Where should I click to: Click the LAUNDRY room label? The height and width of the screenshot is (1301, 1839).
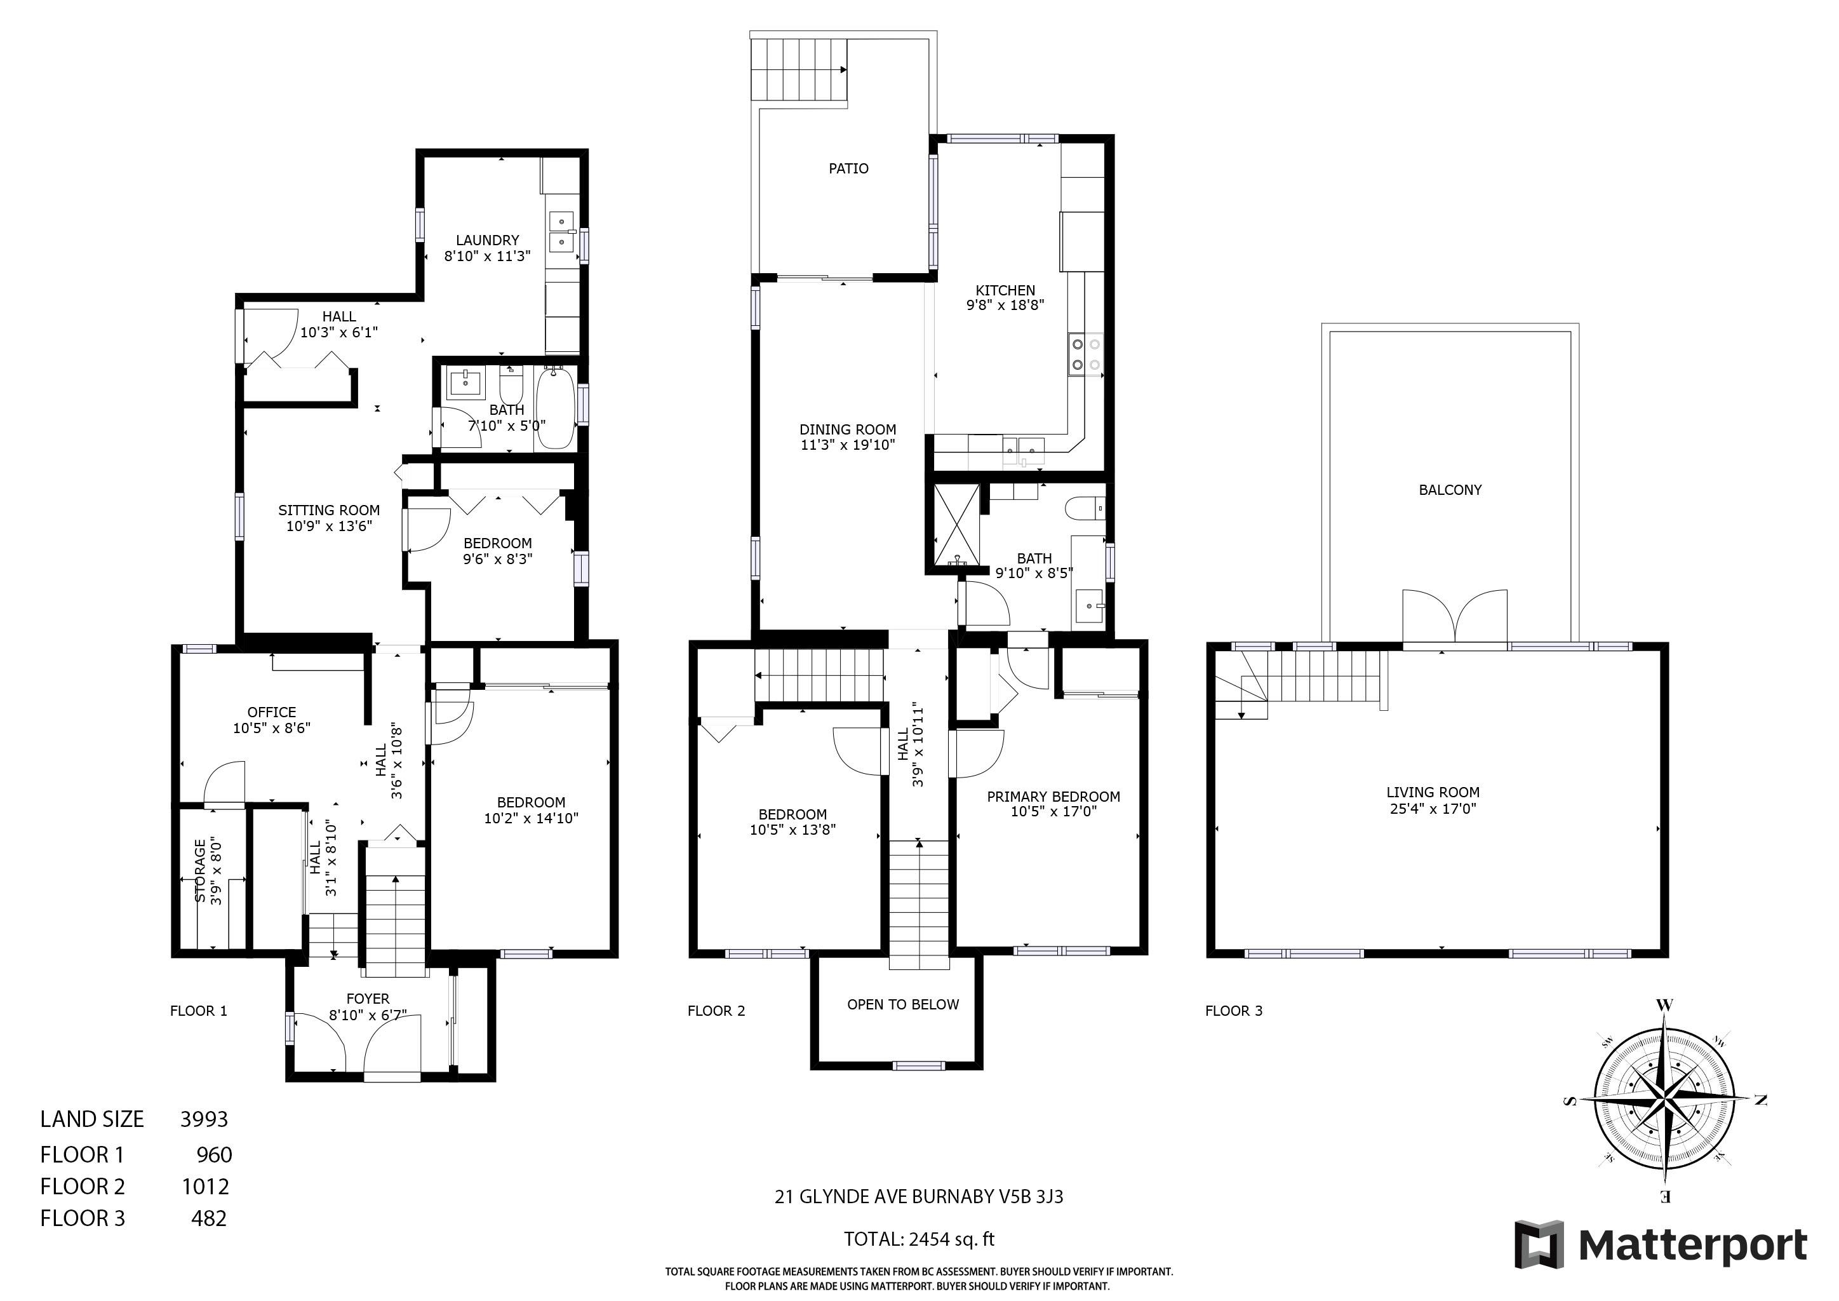click(x=487, y=239)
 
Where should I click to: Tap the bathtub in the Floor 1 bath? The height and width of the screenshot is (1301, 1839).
click(x=555, y=408)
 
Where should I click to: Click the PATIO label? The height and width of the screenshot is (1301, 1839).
click(x=848, y=168)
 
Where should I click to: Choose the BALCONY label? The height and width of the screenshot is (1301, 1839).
click(x=1450, y=490)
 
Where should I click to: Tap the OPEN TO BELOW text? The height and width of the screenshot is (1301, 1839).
click(x=903, y=1004)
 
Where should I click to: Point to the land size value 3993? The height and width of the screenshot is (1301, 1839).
click(x=204, y=1119)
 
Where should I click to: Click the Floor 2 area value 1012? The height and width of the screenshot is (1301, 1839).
click(x=206, y=1187)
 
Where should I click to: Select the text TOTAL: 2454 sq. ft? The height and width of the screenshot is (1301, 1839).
click(x=919, y=1239)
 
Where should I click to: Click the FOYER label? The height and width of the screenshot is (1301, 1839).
click(x=368, y=999)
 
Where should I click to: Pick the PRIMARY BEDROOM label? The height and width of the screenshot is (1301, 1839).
click(x=1053, y=797)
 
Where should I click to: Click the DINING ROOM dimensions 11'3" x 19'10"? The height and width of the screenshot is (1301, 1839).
click(x=847, y=445)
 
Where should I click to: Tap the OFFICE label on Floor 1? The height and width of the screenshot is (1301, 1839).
click(x=272, y=712)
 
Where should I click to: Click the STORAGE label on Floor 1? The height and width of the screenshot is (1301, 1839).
click(x=200, y=871)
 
